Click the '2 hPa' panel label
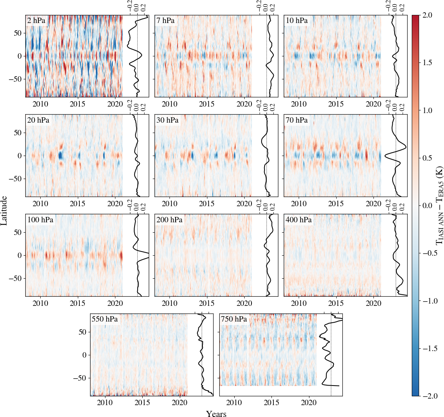[x=36, y=21]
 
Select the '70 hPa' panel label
[x=297, y=120]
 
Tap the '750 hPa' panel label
[x=234, y=319]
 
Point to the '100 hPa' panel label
[x=40, y=220]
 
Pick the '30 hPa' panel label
[x=168, y=120]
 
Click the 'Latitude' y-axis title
[x=4, y=210]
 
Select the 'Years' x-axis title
[x=216, y=414]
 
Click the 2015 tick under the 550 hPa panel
[x=142, y=403]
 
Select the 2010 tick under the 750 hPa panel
[x=234, y=403]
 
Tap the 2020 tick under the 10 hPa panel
[x=373, y=104]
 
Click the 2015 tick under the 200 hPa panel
[x=207, y=303]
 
